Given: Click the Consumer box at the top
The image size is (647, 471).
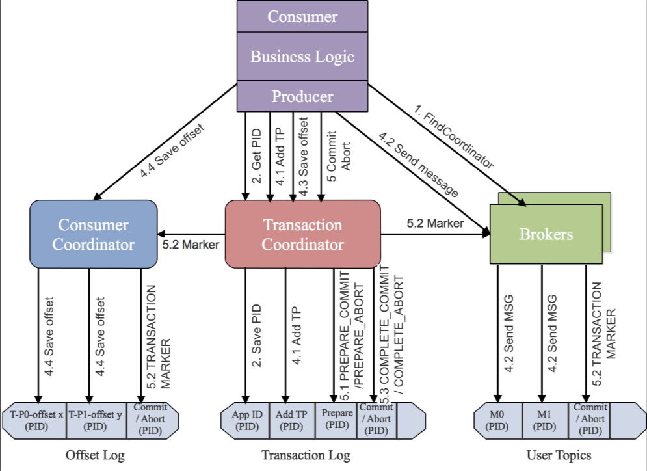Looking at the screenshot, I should point(302,16).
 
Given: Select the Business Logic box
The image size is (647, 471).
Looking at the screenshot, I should point(302,56).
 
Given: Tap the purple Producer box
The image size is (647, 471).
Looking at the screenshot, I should point(302,97).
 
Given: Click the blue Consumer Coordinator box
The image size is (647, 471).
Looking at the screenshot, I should point(94,234).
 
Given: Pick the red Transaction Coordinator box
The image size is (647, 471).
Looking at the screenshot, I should point(302,234).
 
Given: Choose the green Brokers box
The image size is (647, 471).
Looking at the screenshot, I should point(546,234).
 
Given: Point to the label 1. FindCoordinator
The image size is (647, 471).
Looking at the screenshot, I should point(454,138).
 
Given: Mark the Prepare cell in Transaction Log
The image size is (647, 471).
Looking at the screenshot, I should point(336,418).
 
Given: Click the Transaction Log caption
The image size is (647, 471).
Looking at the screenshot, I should point(306,455).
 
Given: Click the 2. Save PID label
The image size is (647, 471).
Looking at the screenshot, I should point(257,334).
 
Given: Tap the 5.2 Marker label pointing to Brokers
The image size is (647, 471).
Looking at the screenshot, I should point(435,223).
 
